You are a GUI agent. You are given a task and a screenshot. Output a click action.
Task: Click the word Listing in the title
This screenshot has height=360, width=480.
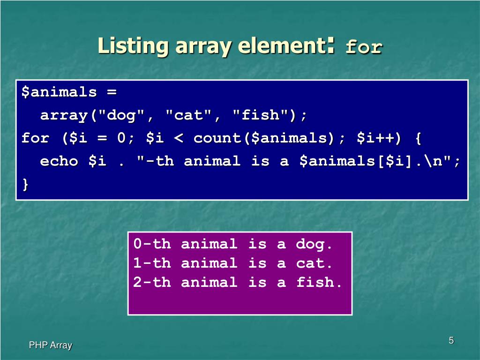point(133,46)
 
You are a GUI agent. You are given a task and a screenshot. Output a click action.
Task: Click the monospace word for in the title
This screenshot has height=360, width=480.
point(364,47)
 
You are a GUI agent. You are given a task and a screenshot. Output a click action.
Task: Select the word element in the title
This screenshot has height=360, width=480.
point(282,45)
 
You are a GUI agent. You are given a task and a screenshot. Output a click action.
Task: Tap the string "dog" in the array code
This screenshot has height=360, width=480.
point(121,115)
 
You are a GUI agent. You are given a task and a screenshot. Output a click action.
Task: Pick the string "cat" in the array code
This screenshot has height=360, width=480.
point(188,115)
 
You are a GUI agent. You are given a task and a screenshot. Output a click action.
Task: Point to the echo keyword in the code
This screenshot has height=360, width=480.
point(59,161)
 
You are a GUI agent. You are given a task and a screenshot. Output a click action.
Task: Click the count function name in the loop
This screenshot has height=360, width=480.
point(217,138)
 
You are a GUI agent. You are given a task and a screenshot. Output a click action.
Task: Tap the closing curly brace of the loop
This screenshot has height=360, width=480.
point(25,185)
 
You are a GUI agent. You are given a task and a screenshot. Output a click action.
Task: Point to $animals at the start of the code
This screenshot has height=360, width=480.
point(59,92)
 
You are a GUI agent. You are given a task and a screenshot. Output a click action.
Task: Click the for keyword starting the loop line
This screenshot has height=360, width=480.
point(35,138)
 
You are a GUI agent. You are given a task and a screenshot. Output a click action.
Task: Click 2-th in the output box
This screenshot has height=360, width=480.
point(152,282)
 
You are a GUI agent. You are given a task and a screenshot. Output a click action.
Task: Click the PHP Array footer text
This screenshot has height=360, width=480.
point(51,345)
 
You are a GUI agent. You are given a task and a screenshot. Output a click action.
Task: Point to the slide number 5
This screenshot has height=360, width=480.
point(451,340)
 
